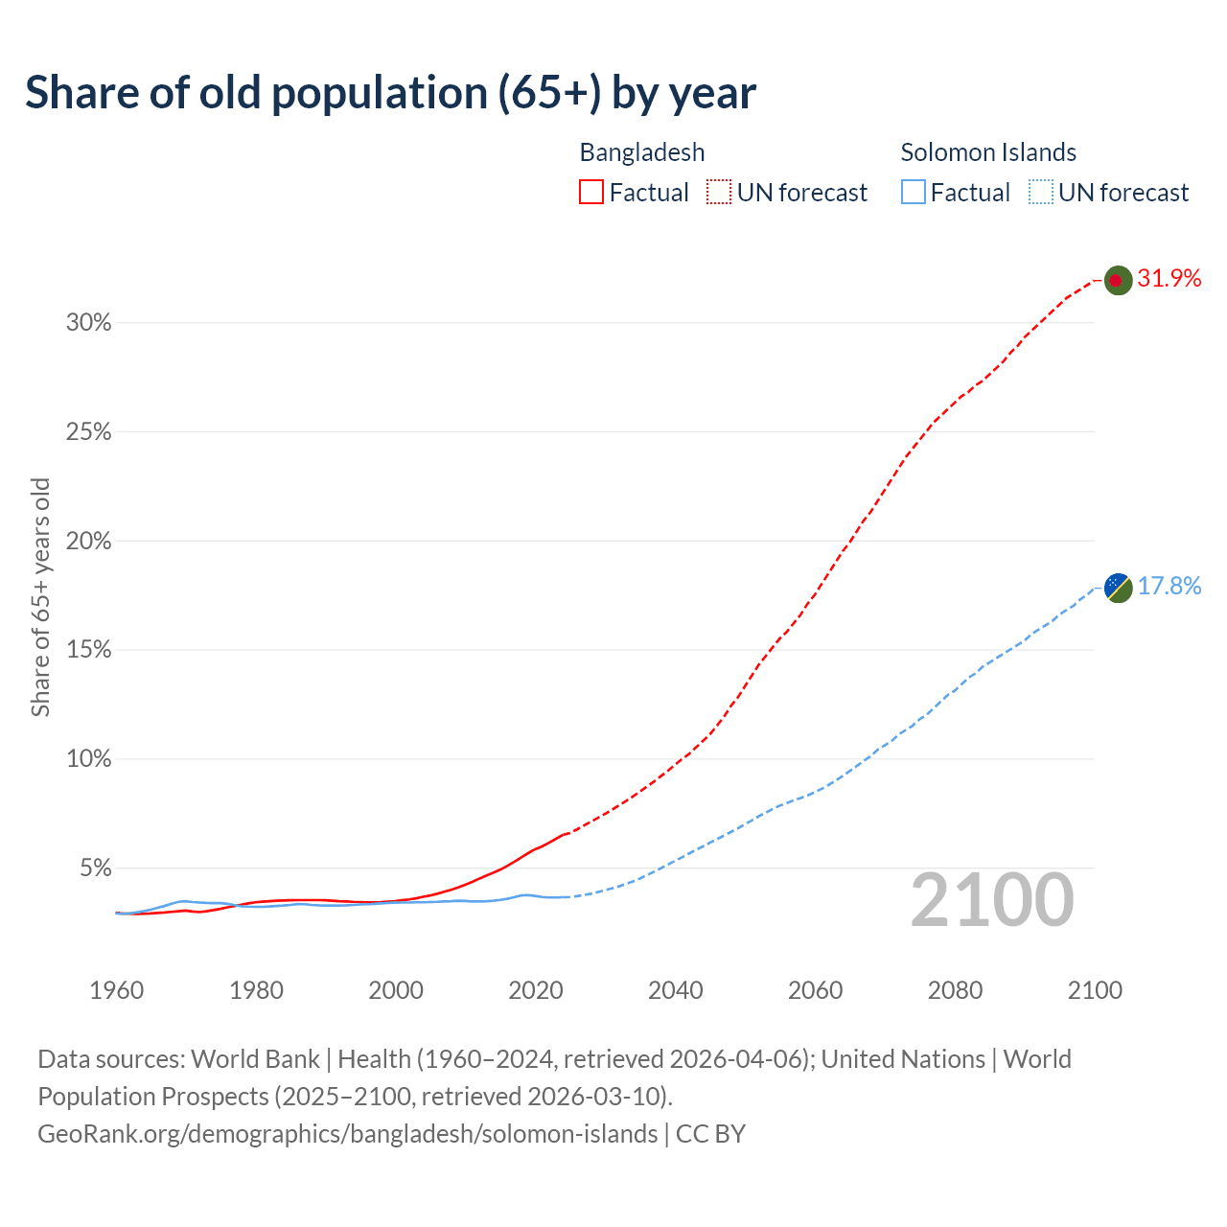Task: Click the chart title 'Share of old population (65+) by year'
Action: [390, 93]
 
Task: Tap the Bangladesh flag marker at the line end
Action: [1118, 280]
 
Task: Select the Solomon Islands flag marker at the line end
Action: [1118, 587]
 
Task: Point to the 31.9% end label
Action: [1169, 279]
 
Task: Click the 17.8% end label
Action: [1169, 587]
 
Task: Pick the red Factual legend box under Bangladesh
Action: [591, 193]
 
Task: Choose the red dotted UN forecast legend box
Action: [719, 193]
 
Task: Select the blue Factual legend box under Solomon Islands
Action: [913, 193]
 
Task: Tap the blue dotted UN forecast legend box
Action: [1041, 193]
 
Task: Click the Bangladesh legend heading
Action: [642, 152]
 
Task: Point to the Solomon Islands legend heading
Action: [988, 152]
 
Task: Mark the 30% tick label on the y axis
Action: [89, 323]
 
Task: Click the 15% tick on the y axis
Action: [89, 650]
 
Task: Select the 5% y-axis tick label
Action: [95, 868]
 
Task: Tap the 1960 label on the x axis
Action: [117, 990]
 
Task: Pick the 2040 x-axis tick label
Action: [676, 990]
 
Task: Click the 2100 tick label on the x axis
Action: [1095, 990]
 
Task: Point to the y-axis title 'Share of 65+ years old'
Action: [40, 597]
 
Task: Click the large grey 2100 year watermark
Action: [992, 900]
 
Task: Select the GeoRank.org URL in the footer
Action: [348, 1134]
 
